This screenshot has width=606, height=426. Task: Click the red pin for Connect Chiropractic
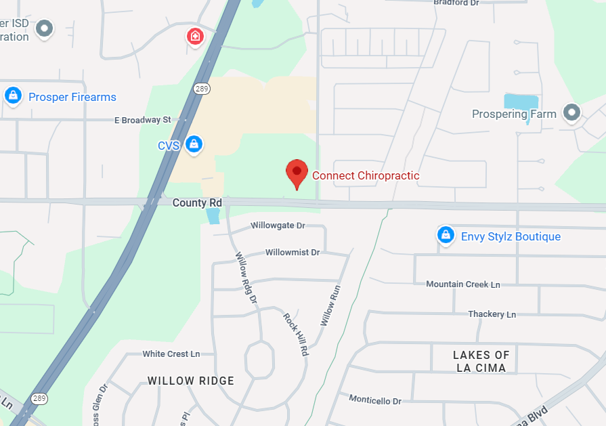297,173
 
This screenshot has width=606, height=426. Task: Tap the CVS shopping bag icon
194,143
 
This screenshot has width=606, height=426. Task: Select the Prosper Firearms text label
72,97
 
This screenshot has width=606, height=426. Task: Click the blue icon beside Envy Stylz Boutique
445,235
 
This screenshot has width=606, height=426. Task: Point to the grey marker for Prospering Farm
573,113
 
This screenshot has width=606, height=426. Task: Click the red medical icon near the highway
195,36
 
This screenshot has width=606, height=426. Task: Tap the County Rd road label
197,203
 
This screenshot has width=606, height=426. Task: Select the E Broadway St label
143,120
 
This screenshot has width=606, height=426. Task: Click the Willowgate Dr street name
278,225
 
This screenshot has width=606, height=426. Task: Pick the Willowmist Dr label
292,252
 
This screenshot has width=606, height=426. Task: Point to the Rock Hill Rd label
296,335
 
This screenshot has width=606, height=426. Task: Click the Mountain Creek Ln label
462,284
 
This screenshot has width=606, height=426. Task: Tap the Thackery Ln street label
492,314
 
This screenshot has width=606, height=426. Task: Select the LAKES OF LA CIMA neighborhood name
481,362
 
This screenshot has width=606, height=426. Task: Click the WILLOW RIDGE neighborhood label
191,381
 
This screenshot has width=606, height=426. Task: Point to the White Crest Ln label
171,354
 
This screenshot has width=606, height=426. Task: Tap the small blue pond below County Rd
213,216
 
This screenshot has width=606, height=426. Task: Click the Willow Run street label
328,305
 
